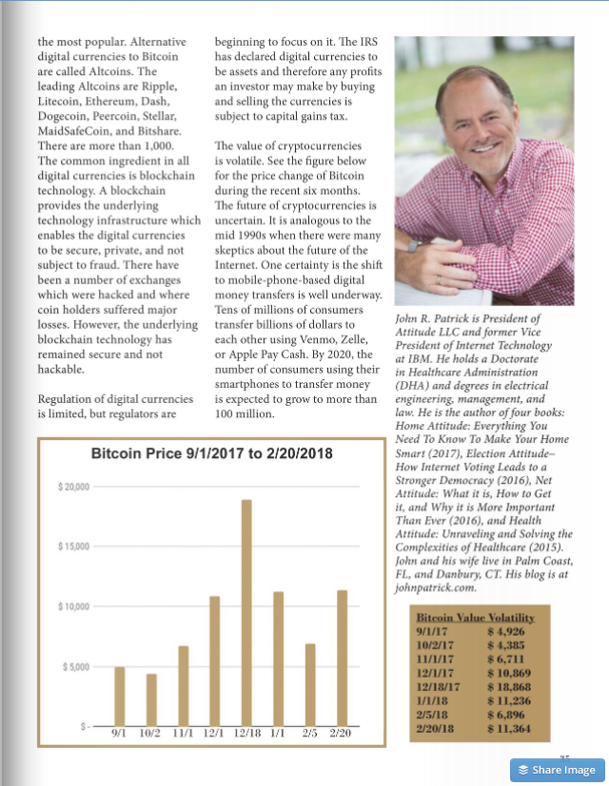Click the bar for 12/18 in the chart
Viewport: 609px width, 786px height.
point(246,612)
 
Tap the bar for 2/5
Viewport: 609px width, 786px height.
point(309,684)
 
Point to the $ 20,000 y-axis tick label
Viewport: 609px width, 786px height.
point(72,487)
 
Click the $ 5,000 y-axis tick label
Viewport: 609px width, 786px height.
point(75,666)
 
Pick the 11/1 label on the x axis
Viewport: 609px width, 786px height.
point(182,735)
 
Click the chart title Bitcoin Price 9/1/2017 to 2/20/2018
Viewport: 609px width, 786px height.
point(211,454)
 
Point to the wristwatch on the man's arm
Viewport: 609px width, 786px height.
point(413,245)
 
